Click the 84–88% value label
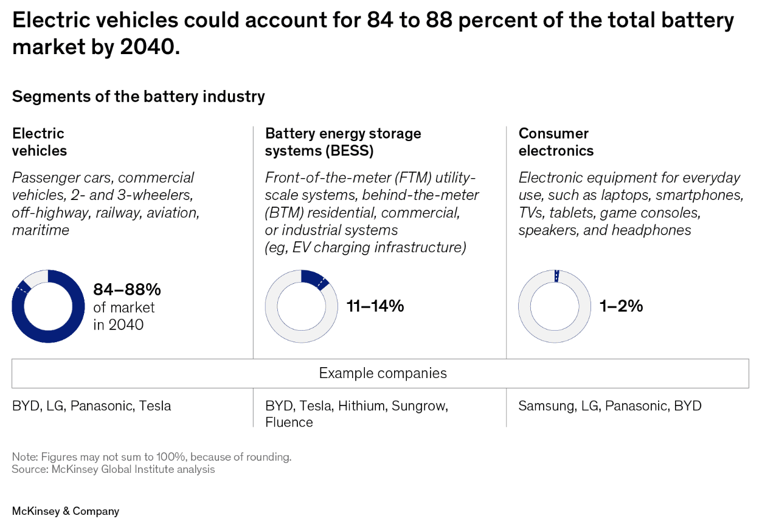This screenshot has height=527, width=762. (x=126, y=289)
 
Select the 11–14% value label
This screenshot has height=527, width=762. (x=375, y=306)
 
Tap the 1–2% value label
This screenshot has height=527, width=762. (x=621, y=306)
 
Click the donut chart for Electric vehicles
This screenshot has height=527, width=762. (x=48, y=306)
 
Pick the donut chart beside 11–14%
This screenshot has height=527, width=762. (x=301, y=306)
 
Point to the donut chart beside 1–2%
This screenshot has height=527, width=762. (x=554, y=306)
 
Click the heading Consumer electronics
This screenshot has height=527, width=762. (x=555, y=142)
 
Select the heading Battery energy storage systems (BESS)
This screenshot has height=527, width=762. (x=342, y=142)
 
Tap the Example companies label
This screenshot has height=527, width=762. (x=383, y=373)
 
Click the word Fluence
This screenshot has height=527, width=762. (x=289, y=422)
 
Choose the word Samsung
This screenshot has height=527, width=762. (x=544, y=405)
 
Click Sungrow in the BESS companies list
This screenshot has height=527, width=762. (x=419, y=405)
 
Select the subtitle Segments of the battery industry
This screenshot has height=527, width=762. (x=138, y=96)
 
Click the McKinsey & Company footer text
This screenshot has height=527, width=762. (x=66, y=511)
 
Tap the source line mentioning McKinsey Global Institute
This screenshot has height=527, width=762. (x=113, y=469)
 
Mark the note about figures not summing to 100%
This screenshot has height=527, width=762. (x=151, y=456)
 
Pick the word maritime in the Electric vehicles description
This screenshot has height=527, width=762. (x=40, y=230)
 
